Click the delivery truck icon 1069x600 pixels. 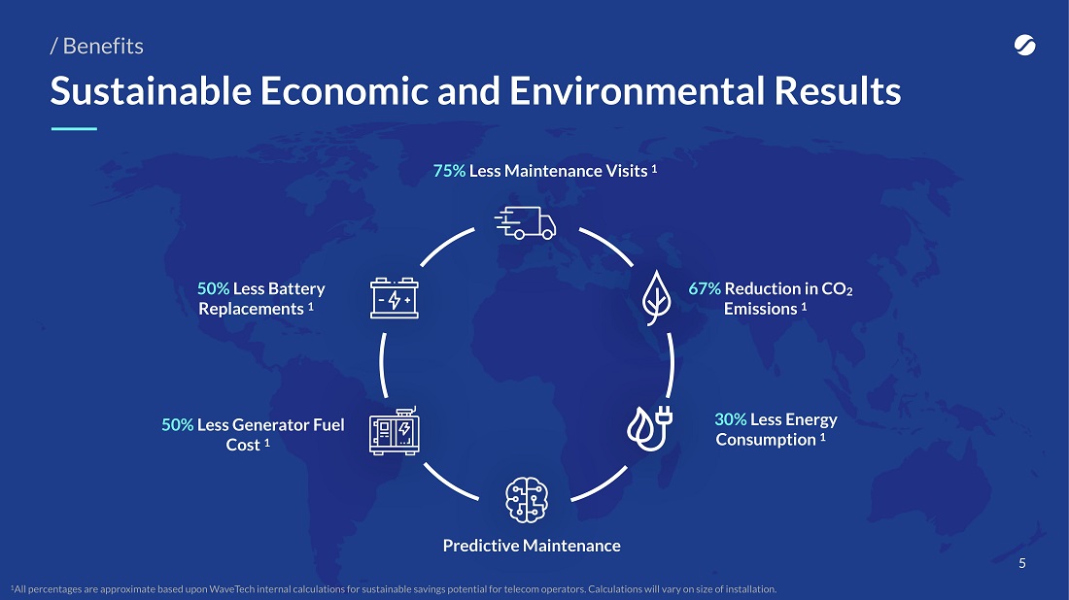click(x=525, y=222)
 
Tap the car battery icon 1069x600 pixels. click(x=394, y=298)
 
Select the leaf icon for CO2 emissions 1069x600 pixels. click(x=657, y=298)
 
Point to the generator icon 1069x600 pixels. click(x=394, y=431)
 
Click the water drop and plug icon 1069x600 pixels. click(x=650, y=428)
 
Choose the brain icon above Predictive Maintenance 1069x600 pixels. click(x=527, y=500)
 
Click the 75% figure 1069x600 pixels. click(x=449, y=171)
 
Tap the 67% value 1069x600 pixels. click(x=705, y=288)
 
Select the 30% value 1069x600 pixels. click(x=730, y=419)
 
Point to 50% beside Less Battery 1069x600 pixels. click(x=214, y=288)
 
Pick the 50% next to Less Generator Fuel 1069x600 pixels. click(x=177, y=425)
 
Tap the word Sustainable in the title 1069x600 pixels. click(x=151, y=90)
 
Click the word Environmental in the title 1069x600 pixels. click(x=637, y=90)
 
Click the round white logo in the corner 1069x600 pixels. click(x=1024, y=45)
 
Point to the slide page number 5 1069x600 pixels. click(x=1022, y=563)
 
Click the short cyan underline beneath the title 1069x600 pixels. click(x=74, y=128)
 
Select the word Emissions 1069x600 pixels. click(x=760, y=309)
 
